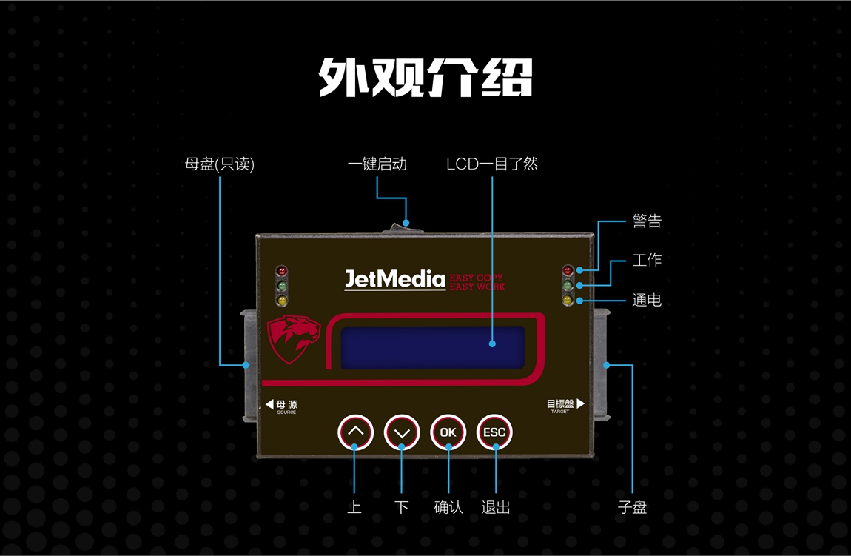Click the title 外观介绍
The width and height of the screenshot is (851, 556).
point(425,76)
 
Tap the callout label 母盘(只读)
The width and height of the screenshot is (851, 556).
point(219,164)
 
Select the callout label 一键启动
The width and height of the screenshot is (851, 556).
point(377,164)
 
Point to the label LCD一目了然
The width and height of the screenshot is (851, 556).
point(491,164)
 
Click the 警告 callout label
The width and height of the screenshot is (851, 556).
point(646,221)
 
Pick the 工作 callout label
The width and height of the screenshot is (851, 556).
point(646,261)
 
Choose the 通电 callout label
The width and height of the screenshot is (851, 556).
point(646,301)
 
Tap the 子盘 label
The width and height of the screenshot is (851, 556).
point(632,508)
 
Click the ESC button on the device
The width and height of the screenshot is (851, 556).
point(494,432)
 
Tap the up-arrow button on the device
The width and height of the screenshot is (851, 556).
point(356,432)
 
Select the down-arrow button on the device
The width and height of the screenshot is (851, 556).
point(402,432)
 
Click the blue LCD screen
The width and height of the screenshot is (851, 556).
point(432,347)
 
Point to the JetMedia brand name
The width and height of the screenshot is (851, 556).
point(394,279)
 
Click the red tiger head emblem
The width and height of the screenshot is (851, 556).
point(294,340)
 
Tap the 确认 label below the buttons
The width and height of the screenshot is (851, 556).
point(448,508)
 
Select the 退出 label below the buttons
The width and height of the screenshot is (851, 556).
point(495,508)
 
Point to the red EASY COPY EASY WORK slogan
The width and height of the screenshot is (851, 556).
point(477,282)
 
